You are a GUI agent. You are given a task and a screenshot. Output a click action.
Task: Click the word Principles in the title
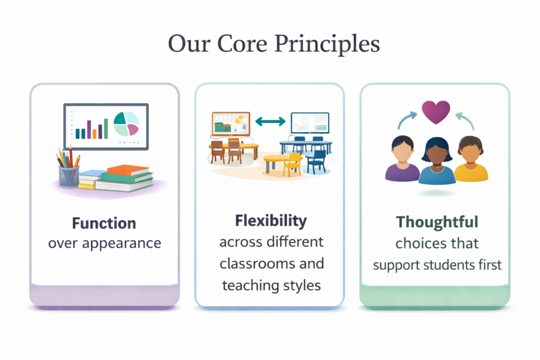click(327, 44)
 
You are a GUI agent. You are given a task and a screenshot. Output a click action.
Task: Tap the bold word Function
click(104, 223)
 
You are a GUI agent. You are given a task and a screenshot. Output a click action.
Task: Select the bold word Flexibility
click(271, 221)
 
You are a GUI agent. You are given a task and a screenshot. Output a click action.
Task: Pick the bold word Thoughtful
click(437, 222)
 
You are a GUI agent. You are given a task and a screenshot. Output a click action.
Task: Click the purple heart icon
click(436, 112)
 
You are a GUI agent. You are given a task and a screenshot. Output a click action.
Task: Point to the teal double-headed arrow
click(271, 121)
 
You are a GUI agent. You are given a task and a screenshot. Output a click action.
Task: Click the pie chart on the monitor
click(126, 123)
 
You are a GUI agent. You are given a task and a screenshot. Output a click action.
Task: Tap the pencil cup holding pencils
click(69, 176)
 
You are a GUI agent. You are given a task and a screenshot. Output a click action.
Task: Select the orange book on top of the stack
click(128, 170)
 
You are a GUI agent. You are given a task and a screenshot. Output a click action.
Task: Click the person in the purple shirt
click(402, 159)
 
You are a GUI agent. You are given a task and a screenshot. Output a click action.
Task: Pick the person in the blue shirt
click(437, 161)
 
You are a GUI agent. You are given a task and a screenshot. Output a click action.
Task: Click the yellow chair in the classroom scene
click(292, 164)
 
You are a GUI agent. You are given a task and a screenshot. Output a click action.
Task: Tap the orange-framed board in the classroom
click(231, 124)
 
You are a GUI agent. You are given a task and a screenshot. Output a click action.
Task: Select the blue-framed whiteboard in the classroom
click(310, 123)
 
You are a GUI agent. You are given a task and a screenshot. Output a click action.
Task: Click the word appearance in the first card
click(122, 244)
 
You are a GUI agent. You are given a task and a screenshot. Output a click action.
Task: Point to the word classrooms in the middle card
click(257, 264)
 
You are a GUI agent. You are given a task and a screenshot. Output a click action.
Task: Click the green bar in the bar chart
click(105, 129)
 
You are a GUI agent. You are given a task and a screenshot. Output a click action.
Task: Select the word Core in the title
click(242, 44)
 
